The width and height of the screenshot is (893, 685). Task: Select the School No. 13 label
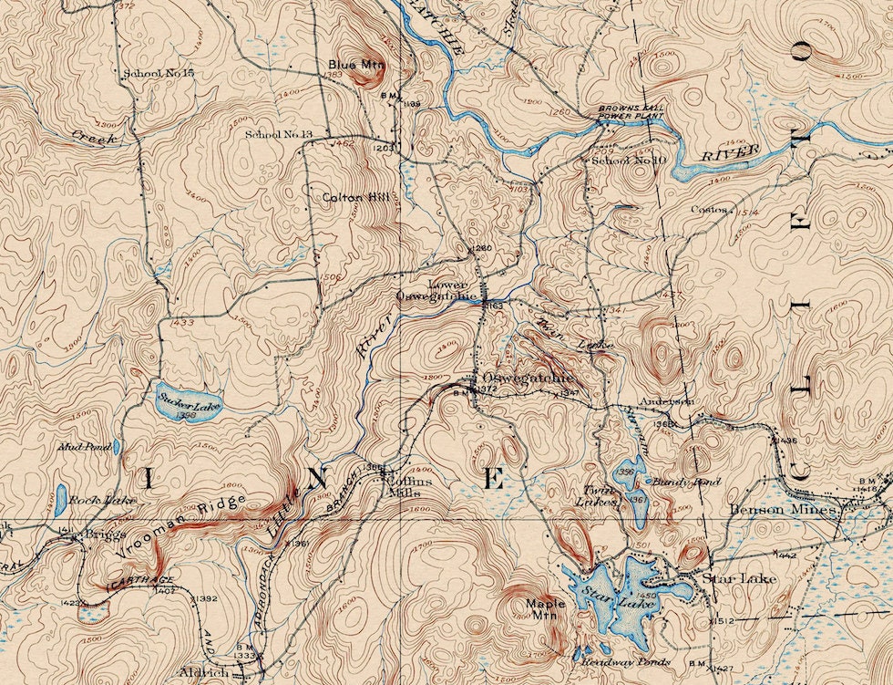click(279, 135)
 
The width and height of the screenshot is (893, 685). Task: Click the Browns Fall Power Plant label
click(631, 113)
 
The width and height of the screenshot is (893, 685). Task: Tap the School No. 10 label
click(630, 161)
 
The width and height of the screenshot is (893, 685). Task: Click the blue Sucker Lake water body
click(187, 405)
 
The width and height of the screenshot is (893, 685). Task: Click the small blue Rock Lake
click(61, 499)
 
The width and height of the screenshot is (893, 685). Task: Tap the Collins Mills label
click(403, 486)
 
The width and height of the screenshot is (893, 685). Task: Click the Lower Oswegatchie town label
click(437, 290)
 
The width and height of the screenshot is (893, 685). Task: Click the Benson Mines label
click(784, 511)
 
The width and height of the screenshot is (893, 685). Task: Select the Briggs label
click(103, 535)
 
